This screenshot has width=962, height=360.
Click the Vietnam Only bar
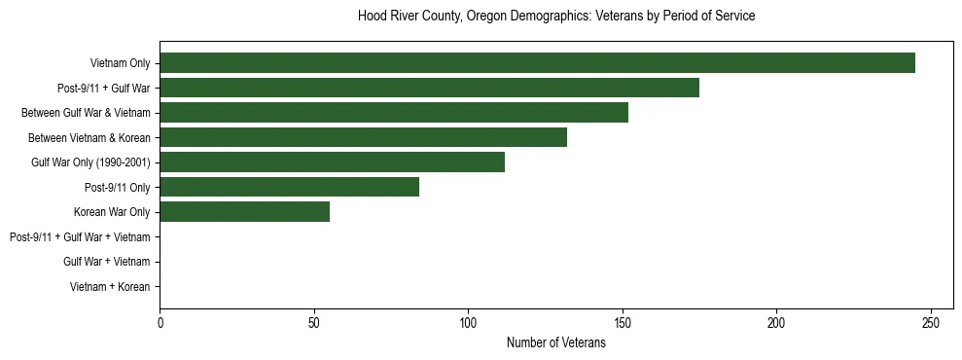point(537,63)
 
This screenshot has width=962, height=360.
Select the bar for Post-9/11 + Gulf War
point(429,88)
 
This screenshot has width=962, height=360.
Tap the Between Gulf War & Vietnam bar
point(394,113)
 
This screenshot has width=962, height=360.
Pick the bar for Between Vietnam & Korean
point(363,137)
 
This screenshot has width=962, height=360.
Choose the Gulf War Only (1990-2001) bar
point(332,162)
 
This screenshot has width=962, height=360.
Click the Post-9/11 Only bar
point(289,187)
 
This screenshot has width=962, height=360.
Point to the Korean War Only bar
point(244,212)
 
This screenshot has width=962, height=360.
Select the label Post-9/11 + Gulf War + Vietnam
point(80,237)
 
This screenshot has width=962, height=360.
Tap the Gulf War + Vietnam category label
point(107,262)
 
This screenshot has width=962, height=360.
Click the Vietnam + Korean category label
point(110,287)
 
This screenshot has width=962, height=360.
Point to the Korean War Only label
point(112,212)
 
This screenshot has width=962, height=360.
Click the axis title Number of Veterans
point(555,343)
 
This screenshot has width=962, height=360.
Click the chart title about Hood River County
point(555,17)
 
